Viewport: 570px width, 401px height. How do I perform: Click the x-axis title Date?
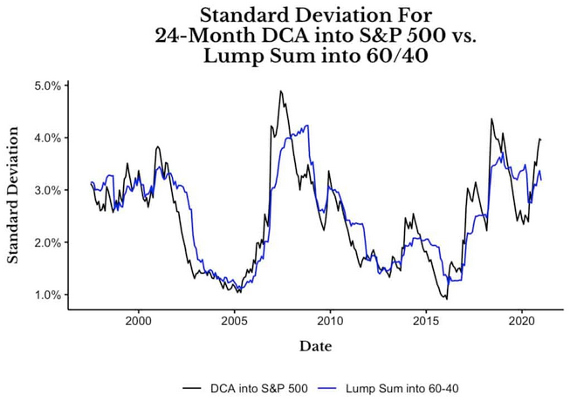(315, 346)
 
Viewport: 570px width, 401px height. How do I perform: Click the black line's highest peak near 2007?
(280, 91)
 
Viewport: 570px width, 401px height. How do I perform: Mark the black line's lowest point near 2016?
(446, 299)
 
